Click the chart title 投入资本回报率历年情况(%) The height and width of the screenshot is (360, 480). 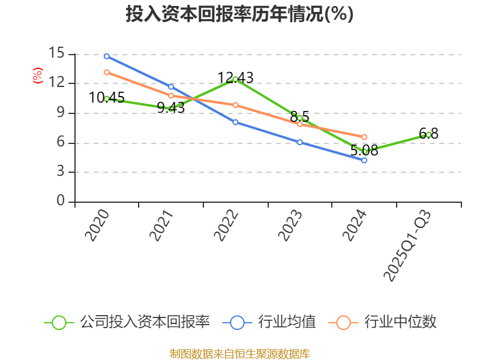coord(239,14)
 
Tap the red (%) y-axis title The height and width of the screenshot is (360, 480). coord(37,76)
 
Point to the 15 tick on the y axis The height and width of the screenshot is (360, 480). coord(56,53)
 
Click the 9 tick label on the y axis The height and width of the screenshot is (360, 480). coord(61,112)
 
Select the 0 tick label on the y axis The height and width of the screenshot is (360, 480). coord(61,201)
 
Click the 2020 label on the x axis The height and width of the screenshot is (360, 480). coord(97,226)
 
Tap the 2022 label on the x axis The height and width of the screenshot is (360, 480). coord(226,226)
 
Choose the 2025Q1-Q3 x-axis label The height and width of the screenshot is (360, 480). coord(407,246)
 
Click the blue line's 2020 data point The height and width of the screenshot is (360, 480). coord(106,56)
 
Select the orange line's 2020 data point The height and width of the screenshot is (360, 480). coord(106,72)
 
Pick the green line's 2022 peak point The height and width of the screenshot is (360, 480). coord(235,79)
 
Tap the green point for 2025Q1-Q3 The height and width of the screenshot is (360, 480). coord(428,134)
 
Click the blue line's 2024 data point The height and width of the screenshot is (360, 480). coord(364,160)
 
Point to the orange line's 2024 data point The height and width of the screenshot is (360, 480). coord(364,137)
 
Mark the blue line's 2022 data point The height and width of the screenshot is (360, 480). coord(235,122)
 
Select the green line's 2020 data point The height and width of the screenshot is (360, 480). coord(106,98)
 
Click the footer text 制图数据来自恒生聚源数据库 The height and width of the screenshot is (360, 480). coord(239,353)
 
